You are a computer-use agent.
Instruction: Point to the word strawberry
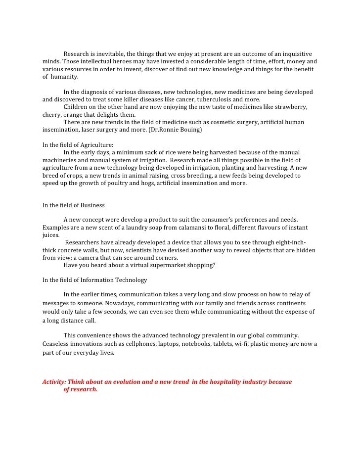[290, 107]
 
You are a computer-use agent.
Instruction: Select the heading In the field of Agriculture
[78, 145]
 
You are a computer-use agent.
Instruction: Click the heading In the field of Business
[74, 205]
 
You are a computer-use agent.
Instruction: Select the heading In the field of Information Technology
[95, 280]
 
